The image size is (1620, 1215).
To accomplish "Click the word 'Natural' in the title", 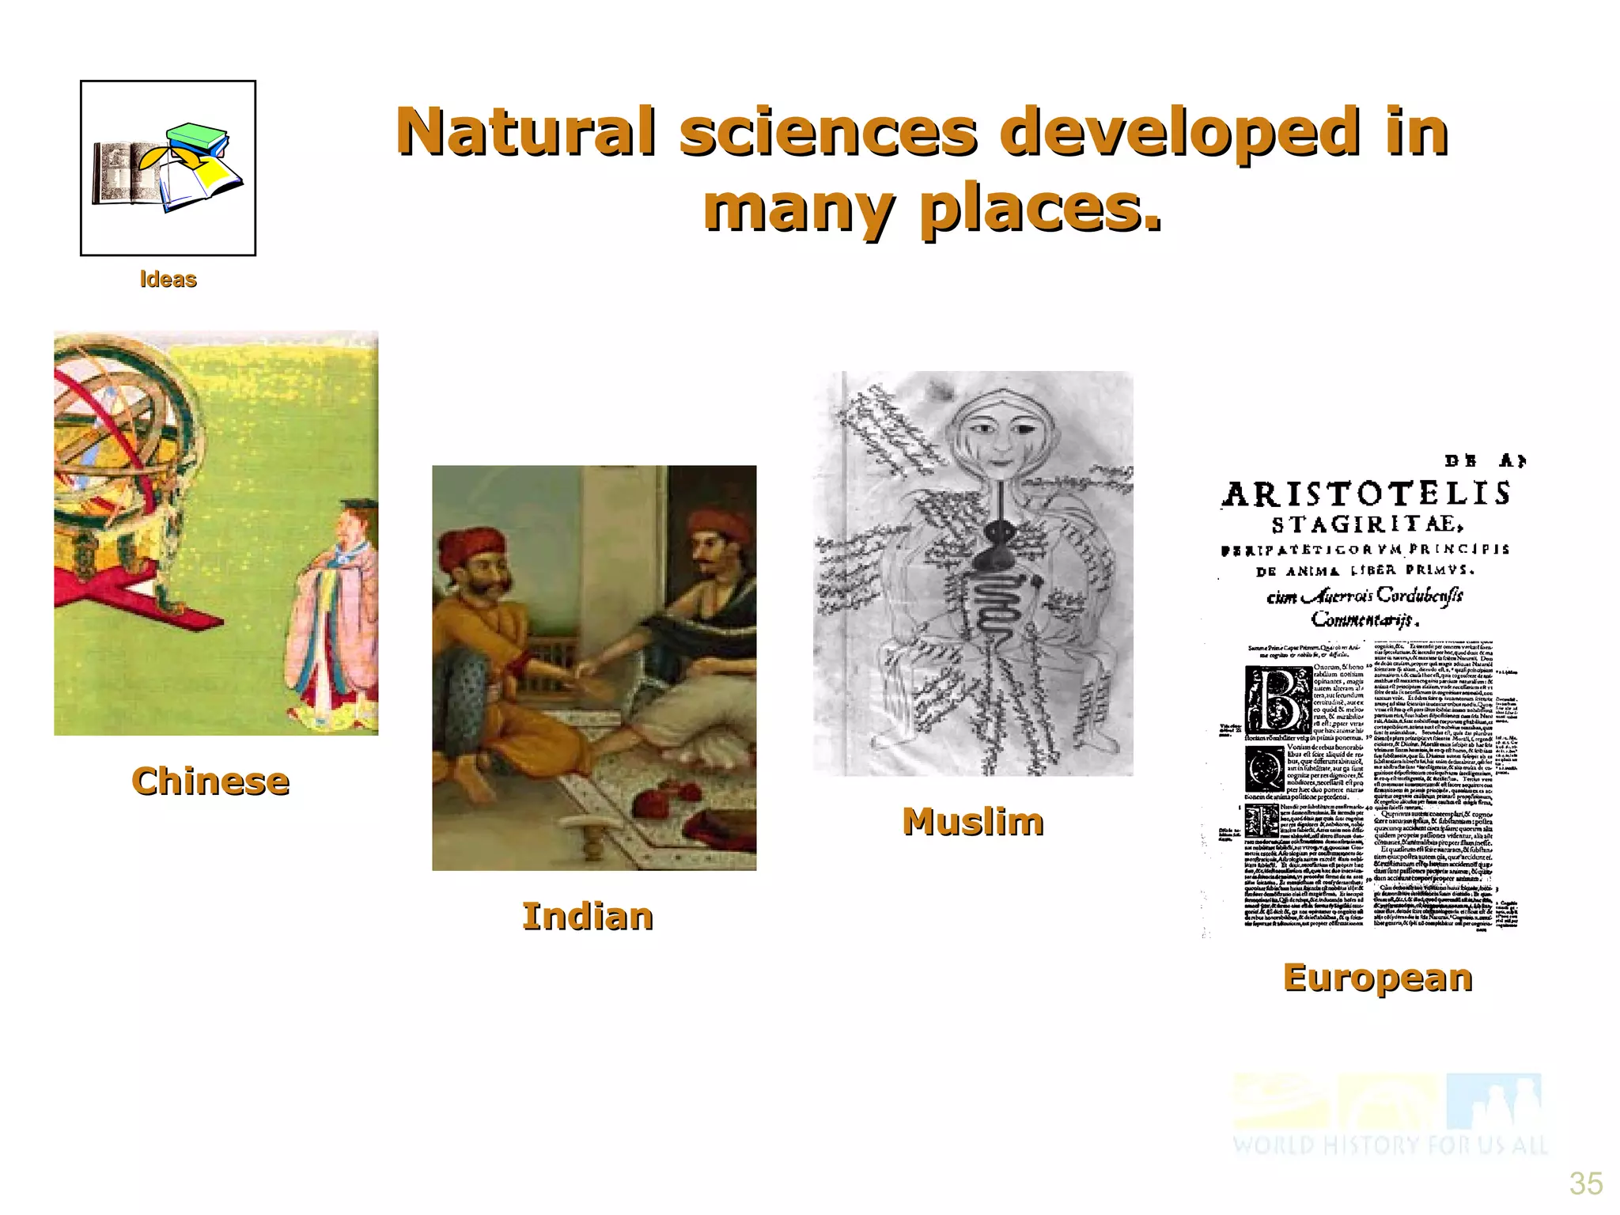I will coord(526,131).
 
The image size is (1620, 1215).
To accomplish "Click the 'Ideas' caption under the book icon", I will coord(168,279).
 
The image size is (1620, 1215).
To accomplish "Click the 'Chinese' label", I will coord(210,782).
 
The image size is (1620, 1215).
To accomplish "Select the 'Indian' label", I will coord(588,917).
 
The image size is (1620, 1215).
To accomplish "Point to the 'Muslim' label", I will coord(973,821).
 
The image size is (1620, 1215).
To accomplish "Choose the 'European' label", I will coord(1377,978).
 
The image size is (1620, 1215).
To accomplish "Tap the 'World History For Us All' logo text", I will coord(1389,1145).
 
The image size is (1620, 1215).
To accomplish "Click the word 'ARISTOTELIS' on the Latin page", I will coord(1366,494).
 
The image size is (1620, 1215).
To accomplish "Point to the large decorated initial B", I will coord(1277,699).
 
